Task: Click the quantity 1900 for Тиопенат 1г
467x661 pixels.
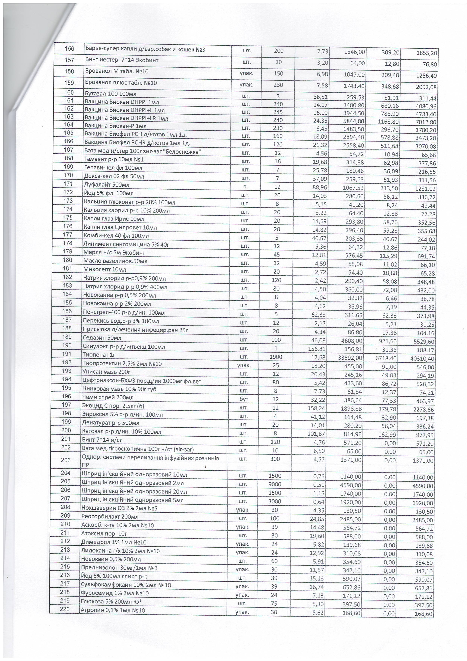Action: pyautogui.click(x=276, y=357)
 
